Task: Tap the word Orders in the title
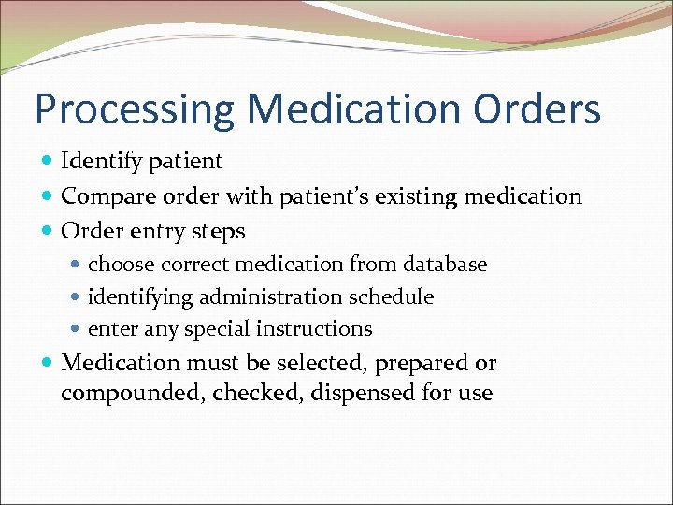pyautogui.click(x=537, y=108)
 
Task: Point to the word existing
pyautogui.click(x=411, y=196)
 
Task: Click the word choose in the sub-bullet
pyautogui.click(x=120, y=266)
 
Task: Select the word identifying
pyautogui.click(x=140, y=297)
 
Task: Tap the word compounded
pyautogui.click(x=132, y=394)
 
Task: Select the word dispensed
pyautogui.click(x=363, y=394)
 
